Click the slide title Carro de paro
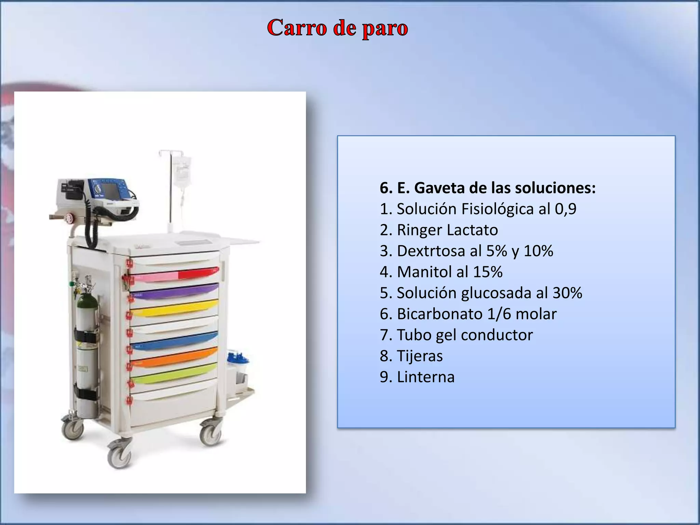pyautogui.click(x=337, y=28)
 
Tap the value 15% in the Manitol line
pyautogui.click(x=488, y=272)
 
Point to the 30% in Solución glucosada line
pyautogui.click(x=567, y=293)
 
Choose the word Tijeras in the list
pyautogui.click(x=420, y=356)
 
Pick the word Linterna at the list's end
pyautogui.click(x=426, y=377)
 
